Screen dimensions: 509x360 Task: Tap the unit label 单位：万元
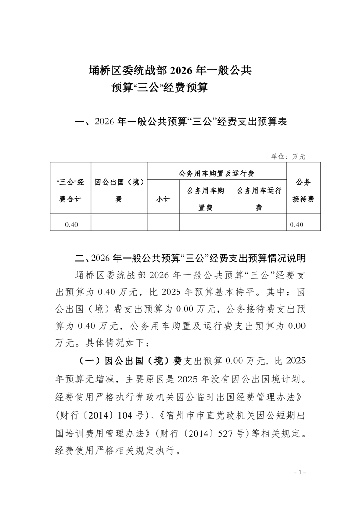288,156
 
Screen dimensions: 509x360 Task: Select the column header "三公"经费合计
70,191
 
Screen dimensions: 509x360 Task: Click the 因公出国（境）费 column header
119,191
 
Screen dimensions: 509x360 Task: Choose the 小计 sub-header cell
163,199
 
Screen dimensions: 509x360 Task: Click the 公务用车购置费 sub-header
206,199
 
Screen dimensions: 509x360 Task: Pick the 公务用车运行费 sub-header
259,199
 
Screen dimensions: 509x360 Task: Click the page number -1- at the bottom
301,472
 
